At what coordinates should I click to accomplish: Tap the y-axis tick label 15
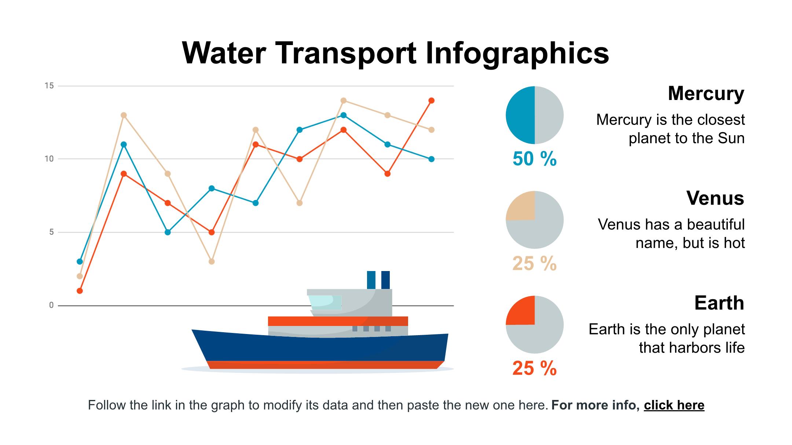[x=49, y=86]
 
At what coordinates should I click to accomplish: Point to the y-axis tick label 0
[x=51, y=305]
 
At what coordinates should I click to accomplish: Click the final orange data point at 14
[x=431, y=101]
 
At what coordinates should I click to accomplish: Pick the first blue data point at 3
[x=80, y=262]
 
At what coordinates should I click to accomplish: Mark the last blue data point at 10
[x=431, y=159]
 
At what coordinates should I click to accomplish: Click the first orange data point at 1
[x=80, y=291]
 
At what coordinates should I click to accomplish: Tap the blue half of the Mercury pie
[x=520, y=115]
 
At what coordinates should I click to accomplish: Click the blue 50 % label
[x=534, y=159]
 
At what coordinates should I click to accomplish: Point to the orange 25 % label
[x=534, y=368]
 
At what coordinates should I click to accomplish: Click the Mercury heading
[x=706, y=93]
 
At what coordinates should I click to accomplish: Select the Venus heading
[x=715, y=198]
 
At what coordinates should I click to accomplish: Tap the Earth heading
[x=719, y=303]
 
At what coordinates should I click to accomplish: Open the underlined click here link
[x=674, y=405]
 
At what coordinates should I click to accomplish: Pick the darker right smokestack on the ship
[x=385, y=280]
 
